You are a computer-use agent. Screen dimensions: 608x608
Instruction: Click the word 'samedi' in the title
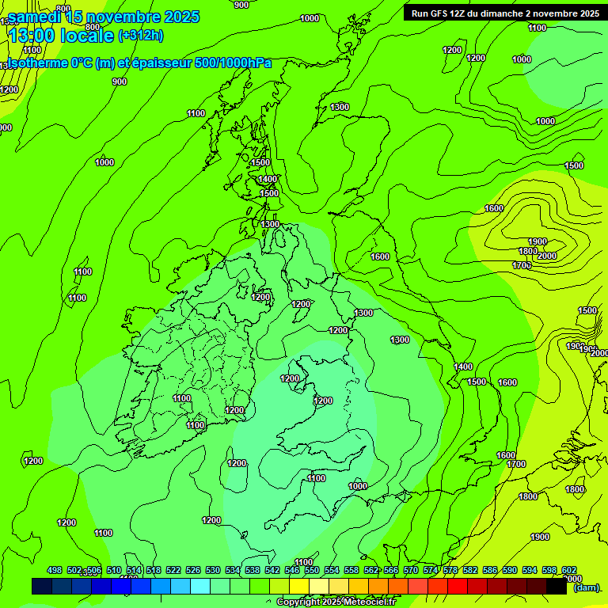click(35, 17)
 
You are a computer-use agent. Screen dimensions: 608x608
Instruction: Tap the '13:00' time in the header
click(32, 36)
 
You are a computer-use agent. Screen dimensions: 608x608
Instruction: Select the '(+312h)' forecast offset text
click(140, 35)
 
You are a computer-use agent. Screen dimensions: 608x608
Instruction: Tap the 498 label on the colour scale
click(55, 570)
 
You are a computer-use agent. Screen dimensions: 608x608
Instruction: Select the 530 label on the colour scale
click(213, 570)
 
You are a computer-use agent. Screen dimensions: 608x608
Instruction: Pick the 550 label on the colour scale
click(312, 570)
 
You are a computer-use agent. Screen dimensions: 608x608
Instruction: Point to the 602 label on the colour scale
click(569, 570)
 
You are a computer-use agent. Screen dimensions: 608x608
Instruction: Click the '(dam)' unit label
click(587, 587)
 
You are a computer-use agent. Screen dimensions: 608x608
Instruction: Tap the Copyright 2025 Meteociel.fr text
click(336, 602)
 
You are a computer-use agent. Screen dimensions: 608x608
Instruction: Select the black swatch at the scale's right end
click(557, 587)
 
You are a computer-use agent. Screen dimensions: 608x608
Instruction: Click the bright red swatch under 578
click(458, 587)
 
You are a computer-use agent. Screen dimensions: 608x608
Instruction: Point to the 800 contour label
click(93, 26)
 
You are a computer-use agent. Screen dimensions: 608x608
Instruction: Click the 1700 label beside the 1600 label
click(516, 465)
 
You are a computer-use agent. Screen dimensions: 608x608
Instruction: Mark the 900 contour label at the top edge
click(241, 5)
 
